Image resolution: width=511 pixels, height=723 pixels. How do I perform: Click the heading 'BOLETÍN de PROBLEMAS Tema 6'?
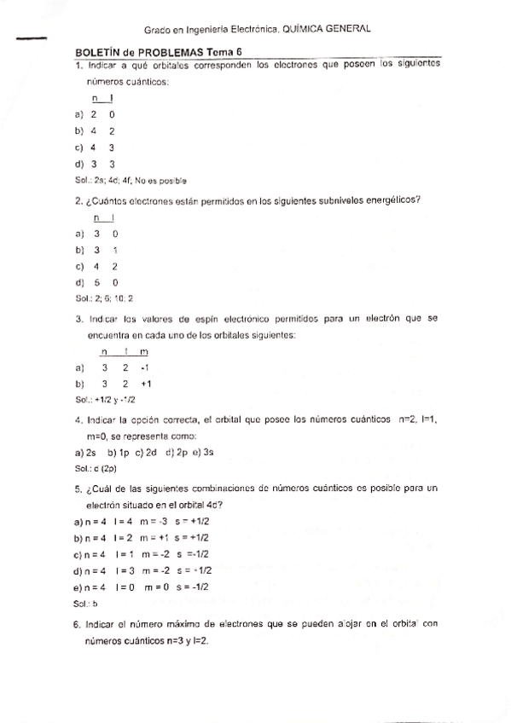[x=159, y=53]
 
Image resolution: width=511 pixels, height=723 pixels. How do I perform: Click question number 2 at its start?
[x=78, y=201]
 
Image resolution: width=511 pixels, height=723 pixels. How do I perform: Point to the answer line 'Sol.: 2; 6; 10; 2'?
[x=104, y=299]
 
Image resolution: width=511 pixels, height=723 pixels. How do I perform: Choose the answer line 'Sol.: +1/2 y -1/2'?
[x=106, y=399]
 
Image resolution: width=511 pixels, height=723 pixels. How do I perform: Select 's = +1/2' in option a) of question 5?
[x=191, y=521]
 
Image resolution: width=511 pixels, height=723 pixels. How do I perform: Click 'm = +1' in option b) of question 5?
[x=153, y=538]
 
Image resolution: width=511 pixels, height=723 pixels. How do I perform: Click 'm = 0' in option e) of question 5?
[x=154, y=587]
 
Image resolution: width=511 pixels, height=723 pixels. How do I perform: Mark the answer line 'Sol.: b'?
[x=87, y=603]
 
